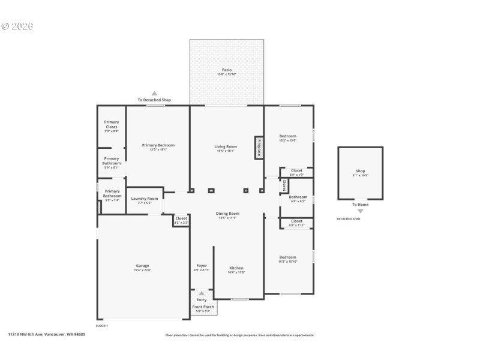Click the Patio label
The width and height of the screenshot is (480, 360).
tap(226, 70)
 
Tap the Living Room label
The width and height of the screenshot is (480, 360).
tap(226, 146)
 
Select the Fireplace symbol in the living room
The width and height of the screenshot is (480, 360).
tap(259, 147)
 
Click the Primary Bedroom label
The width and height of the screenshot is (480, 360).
tap(158, 145)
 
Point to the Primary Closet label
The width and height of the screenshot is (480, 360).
tap(112, 125)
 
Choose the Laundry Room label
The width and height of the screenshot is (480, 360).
tap(145, 199)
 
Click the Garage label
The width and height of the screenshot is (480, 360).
tap(142, 266)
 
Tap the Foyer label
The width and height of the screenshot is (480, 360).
tap(202, 266)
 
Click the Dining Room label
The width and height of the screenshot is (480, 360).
tap(227, 214)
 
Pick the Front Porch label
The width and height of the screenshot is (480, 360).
tap(203, 307)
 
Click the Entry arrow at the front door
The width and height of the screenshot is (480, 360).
tap(202, 293)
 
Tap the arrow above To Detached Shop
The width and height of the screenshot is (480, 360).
tap(154, 93)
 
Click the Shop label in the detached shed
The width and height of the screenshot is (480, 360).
tap(360, 171)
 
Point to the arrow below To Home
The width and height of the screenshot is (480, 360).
tap(360, 211)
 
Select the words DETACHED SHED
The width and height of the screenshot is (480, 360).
tap(348, 219)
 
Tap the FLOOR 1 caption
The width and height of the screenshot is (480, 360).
tap(101, 325)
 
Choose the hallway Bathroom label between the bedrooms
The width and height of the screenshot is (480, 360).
tap(298, 197)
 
